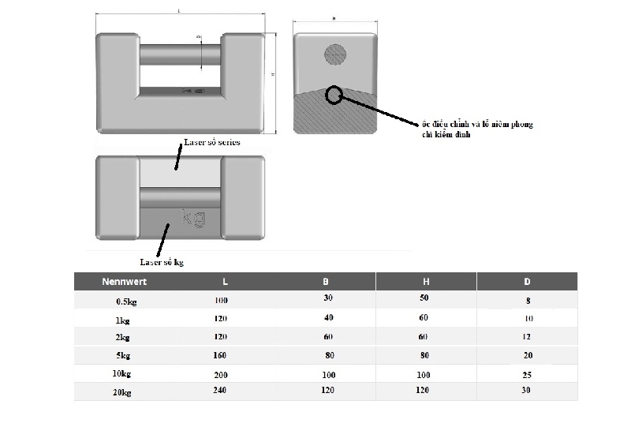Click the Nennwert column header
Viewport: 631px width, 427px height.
coord(125,281)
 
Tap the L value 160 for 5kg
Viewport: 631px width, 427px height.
coord(219,355)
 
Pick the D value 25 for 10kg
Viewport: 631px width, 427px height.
coord(528,373)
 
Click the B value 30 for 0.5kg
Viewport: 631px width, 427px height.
coord(328,298)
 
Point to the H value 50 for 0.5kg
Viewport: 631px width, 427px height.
coord(424,298)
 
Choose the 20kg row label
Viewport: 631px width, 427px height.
coord(123,391)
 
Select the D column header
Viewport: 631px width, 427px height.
coord(527,281)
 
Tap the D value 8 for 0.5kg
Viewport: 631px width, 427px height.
coord(528,301)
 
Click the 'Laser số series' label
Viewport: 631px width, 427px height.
coord(211,143)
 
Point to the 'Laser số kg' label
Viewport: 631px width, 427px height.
coord(162,262)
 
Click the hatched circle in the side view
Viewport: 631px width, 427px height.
coord(335,54)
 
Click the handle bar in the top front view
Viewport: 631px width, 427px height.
coord(181,56)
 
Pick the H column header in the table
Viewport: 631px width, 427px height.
coord(426,281)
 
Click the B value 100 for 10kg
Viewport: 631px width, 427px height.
coord(328,373)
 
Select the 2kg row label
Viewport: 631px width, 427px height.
coord(123,337)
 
